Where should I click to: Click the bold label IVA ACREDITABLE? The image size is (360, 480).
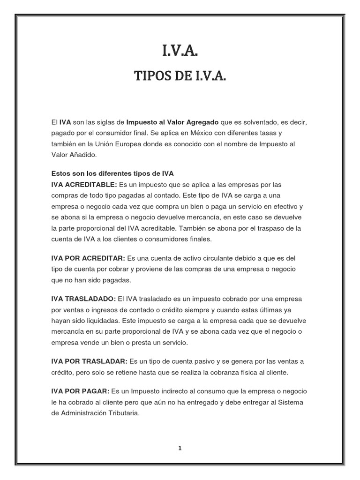[84, 184]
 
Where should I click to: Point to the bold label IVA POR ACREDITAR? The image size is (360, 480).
[88, 258]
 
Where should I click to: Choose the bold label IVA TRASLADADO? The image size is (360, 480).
[83, 299]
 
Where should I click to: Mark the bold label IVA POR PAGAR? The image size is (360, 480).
[80, 391]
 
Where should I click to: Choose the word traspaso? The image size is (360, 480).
[262, 229]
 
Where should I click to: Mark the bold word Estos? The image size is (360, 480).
[61, 173]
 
